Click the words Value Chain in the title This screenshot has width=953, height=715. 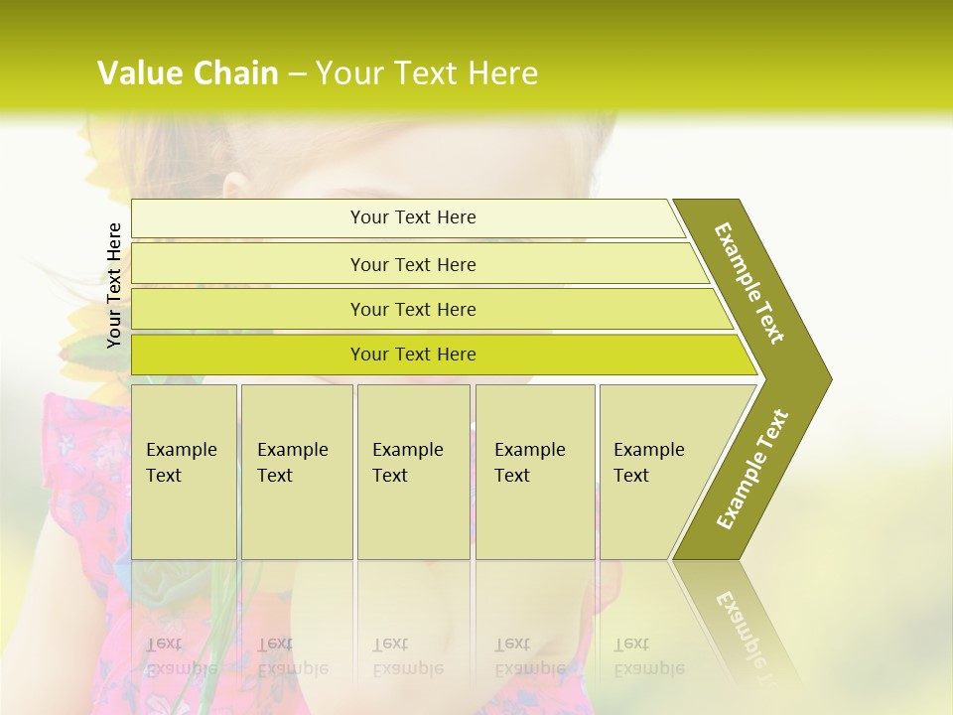(188, 73)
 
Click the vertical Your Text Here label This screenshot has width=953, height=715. (114, 285)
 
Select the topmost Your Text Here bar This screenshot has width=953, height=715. (413, 217)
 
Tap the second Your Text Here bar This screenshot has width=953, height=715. (413, 264)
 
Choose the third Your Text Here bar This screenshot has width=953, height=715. (413, 309)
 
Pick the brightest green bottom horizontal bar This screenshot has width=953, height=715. (413, 355)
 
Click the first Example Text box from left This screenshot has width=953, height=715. (184, 471)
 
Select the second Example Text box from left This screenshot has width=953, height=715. (296, 471)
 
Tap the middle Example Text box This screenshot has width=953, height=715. (413, 471)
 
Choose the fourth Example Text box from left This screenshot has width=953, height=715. (534, 471)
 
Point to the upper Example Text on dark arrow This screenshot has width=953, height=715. (750, 282)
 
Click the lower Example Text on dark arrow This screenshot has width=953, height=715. (752, 469)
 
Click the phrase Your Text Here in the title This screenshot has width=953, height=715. (427, 73)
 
